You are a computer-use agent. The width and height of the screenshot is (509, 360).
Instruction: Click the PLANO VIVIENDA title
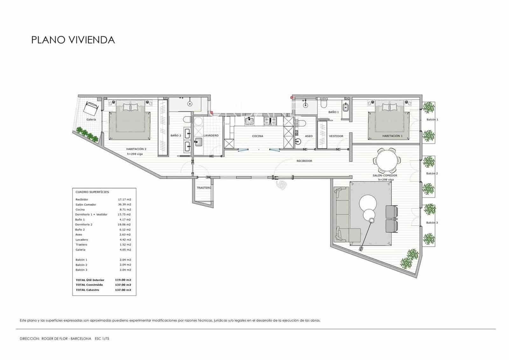pos(73,40)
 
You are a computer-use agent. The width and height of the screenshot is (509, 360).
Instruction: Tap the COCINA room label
pos(257,136)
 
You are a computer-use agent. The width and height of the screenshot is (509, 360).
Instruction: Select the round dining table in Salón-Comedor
pos(387,161)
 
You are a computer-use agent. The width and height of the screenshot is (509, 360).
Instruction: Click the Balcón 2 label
pos(432,174)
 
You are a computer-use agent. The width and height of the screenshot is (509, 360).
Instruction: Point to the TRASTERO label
pos(204,188)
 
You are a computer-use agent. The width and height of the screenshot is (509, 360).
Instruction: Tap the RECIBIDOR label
pos(304,161)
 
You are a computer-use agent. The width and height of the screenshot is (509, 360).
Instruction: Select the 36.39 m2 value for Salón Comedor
pos(124,204)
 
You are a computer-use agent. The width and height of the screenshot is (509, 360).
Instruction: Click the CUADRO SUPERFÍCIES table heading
pos(92,192)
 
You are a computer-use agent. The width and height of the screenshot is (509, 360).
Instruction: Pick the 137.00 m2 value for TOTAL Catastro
pos(123,290)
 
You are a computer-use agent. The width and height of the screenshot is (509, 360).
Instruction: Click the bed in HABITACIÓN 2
pos(130,121)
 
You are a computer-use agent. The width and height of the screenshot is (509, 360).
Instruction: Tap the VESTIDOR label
pos(336,136)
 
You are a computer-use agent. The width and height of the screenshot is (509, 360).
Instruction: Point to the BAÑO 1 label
pos(333,112)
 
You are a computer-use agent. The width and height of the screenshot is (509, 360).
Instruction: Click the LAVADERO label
pos(211,135)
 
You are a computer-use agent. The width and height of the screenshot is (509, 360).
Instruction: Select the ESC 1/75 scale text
pos(102,339)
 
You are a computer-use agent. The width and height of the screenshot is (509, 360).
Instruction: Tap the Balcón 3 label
pos(432,223)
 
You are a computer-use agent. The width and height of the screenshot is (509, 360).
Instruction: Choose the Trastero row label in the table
pos(81,245)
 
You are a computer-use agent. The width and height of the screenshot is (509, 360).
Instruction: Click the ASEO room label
pos(309,136)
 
